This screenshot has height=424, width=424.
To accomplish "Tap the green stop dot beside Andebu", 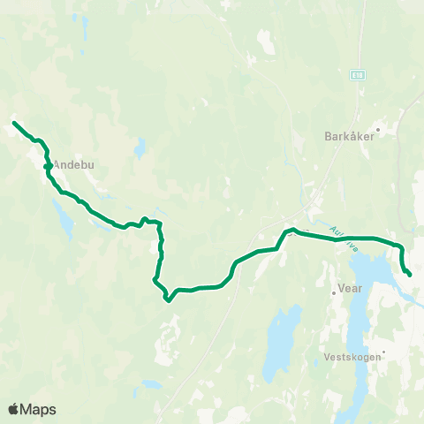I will click(47, 165).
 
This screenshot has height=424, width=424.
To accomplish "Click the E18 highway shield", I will click(356, 76).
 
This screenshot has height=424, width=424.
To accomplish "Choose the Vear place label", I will click(351, 288).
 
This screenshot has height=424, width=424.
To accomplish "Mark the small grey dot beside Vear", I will click(332, 286).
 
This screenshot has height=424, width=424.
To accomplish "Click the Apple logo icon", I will click(14, 409).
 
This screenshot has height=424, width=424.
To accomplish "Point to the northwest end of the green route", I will click(14, 123).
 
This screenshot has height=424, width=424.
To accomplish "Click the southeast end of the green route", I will click(410, 275).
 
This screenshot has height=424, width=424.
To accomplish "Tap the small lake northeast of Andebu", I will click(140, 148).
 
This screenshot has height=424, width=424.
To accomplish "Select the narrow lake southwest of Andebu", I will click(63, 220).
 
